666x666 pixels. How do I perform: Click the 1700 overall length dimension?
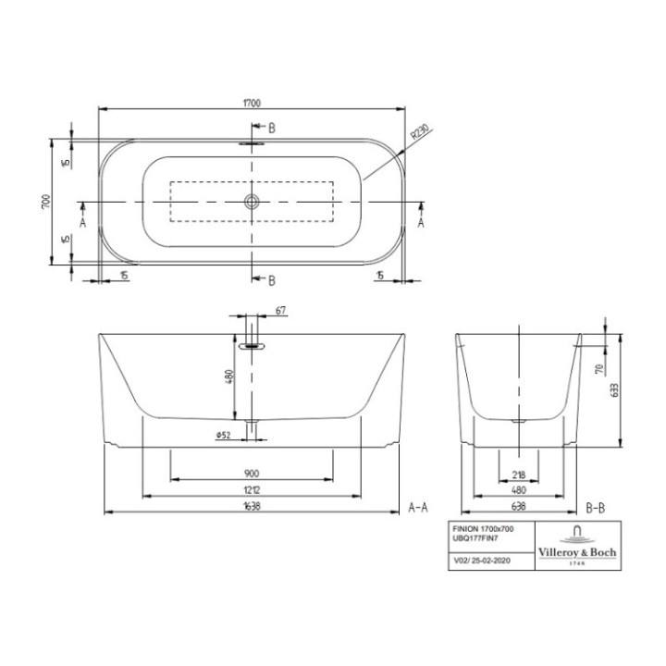[x=251, y=103]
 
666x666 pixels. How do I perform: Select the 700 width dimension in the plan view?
[x=44, y=202]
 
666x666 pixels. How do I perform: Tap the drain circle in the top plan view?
[x=251, y=202]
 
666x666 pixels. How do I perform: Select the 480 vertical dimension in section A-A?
[x=228, y=377]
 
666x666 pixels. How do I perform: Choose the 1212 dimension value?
[x=251, y=490]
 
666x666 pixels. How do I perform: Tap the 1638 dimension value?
[x=251, y=508]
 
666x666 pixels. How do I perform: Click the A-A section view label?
[x=417, y=508]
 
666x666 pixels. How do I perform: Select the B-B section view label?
[x=595, y=508]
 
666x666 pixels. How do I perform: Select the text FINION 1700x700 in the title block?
[x=481, y=526]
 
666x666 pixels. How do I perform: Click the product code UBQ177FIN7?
[x=472, y=536]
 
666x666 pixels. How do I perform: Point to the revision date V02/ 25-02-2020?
[x=481, y=561]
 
